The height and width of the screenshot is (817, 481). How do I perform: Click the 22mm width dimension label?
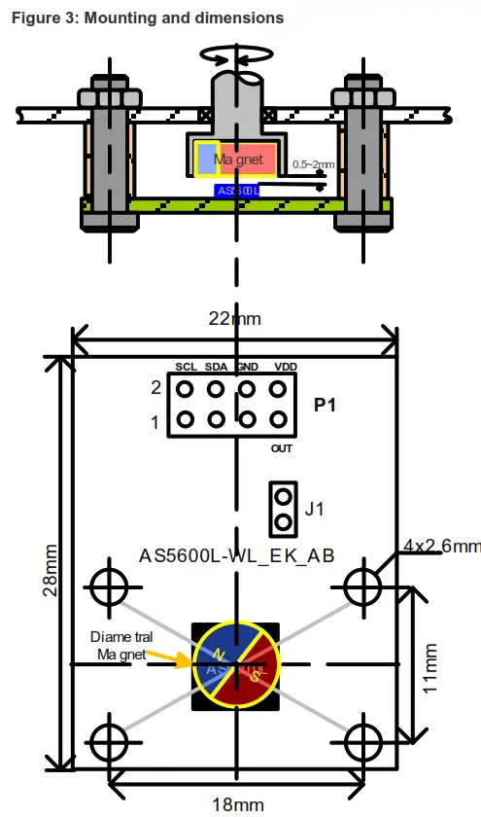coord(235,318)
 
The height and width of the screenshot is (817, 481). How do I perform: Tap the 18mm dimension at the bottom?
coord(237,803)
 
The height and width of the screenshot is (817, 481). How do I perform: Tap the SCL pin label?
coord(187,367)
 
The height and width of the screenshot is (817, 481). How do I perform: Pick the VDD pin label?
coord(286,367)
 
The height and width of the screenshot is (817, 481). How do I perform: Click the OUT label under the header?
coord(282,449)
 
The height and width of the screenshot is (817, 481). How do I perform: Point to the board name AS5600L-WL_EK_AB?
coord(237,556)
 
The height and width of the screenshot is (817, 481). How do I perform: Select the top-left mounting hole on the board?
coord(108,586)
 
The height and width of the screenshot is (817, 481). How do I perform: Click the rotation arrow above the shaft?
coord(234,55)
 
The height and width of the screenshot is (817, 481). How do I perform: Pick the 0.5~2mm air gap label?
coord(313,164)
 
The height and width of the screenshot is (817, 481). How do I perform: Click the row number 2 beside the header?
coord(155,388)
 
